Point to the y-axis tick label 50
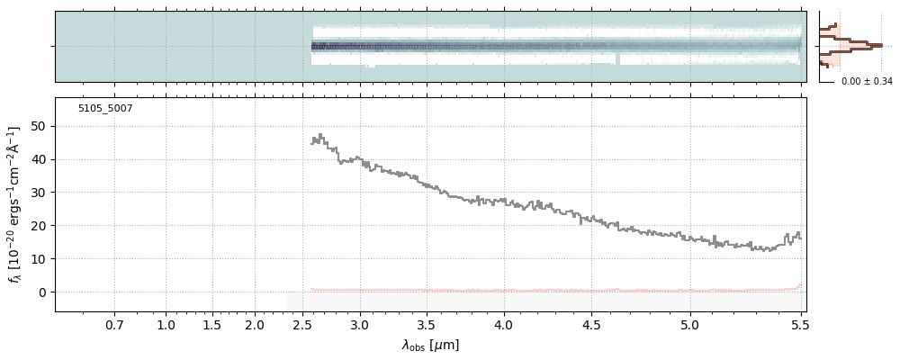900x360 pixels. (39, 126)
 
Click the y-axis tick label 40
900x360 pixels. (39, 159)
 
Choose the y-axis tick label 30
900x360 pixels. (39, 193)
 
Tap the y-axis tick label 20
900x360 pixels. (39, 226)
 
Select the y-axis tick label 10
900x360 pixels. (39, 259)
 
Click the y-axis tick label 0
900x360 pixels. (42, 292)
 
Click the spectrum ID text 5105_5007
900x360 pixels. (105, 108)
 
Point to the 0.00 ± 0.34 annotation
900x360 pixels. (866, 82)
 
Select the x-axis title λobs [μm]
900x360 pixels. (430, 345)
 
